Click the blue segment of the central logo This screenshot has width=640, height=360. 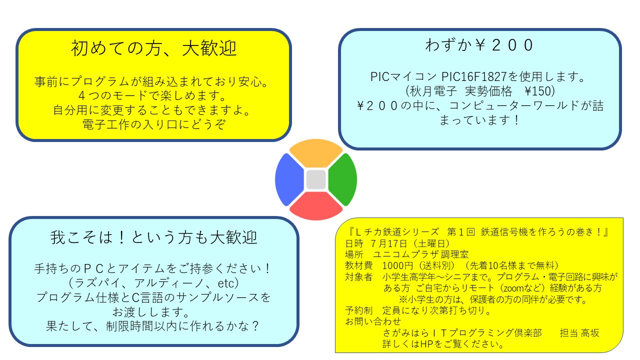[x=288, y=179]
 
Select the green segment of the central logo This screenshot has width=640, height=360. [x=343, y=179]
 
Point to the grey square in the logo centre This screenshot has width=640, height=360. [x=316, y=179]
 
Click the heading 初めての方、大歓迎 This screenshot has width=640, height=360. [x=153, y=48]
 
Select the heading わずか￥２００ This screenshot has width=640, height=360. [x=479, y=45]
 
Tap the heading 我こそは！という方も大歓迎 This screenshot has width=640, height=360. [x=154, y=237]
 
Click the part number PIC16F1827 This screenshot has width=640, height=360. [x=474, y=76]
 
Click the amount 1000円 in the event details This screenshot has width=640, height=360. [x=397, y=265]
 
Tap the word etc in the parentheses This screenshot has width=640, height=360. [x=225, y=283]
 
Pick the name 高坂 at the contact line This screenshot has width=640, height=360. [x=590, y=333]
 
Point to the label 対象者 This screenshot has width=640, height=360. [x=359, y=277]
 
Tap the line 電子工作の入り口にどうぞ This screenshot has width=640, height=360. [x=154, y=124]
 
